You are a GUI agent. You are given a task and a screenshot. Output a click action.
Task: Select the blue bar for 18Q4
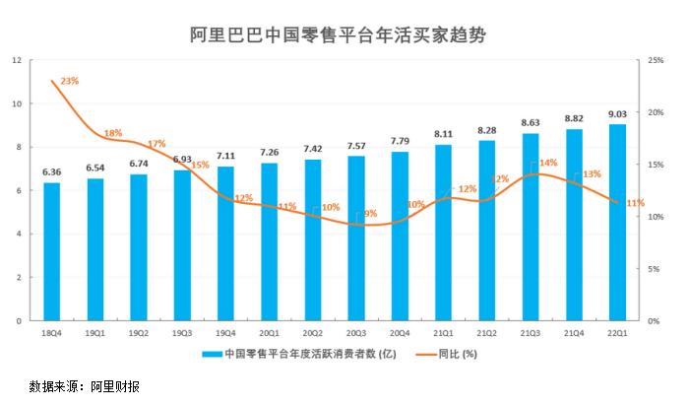pos(52,252)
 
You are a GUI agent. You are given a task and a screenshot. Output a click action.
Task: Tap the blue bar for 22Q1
pos(617,223)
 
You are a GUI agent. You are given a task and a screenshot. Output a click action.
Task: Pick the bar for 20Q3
pos(356,238)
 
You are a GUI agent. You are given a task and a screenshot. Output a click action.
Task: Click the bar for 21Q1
pos(443,233)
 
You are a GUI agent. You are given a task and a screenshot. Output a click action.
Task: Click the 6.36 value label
pos(52,172)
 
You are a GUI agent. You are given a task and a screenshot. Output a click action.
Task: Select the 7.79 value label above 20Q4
pos(400,142)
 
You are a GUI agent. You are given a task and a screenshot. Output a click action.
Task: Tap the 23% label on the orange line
pos(70,80)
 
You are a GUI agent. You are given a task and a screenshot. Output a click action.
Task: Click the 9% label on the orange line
pos(370,213)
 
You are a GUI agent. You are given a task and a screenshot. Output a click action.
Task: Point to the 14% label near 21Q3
pos(548,163)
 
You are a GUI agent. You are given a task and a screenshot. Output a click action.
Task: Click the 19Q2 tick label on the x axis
pos(139,333)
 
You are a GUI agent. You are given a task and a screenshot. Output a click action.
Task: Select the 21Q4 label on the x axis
pos(574,333)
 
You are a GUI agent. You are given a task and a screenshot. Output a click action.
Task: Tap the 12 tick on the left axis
pos(17,60)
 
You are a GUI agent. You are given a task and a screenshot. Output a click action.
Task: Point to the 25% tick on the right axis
pos(655,60)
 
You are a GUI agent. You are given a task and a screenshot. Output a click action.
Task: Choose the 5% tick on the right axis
pos(653,269)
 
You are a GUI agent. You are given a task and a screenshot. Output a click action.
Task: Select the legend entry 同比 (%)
pos(457,354)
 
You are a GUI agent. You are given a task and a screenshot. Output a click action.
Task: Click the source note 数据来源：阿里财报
pos(86,386)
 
